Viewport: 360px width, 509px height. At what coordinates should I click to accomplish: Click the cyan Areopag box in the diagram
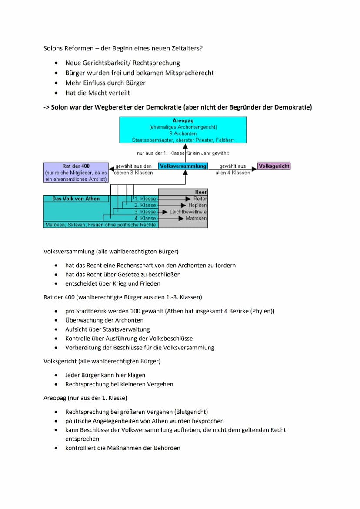(x=183, y=130)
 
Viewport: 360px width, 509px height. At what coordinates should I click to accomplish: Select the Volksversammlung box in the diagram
(x=183, y=166)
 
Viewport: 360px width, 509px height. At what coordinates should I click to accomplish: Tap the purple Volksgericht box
(x=274, y=166)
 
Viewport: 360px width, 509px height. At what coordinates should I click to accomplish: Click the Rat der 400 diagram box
(x=76, y=173)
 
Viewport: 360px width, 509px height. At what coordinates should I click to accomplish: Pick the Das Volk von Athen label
(x=76, y=199)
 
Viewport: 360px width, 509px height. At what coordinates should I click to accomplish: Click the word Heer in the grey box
(x=201, y=192)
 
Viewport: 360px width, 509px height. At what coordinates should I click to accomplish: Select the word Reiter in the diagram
(x=200, y=199)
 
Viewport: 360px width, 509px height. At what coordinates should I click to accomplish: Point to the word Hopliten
(x=197, y=205)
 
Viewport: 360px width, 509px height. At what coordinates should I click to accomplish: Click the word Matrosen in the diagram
(x=196, y=218)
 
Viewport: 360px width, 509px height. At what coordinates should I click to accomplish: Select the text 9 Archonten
(x=183, y=133)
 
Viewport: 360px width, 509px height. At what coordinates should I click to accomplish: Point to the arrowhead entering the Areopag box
(x=185, y=146)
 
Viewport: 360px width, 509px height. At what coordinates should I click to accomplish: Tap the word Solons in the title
(x=53, y=48)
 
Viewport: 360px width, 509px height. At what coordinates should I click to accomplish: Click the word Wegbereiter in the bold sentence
(x=105, y=107)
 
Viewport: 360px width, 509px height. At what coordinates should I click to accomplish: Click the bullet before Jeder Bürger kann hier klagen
(x=56, y=375)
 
